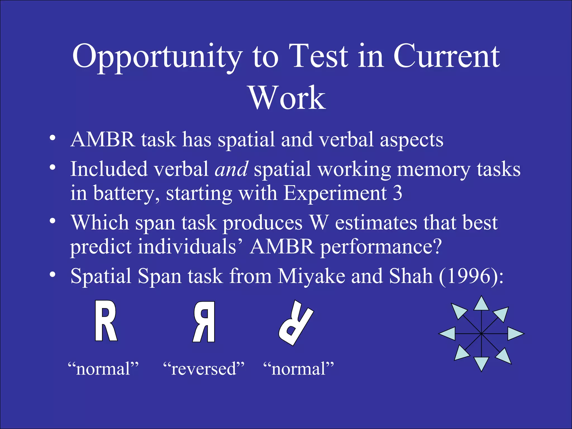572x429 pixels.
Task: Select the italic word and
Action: [231, 169]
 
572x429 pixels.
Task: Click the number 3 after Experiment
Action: [397, 193]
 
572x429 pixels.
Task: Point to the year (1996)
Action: [471, 276]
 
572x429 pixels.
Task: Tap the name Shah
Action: [411, 276]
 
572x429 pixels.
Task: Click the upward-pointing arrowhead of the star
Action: [481, 304]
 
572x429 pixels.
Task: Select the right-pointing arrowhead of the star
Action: [515, 333]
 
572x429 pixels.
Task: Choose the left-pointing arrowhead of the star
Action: [448, 333]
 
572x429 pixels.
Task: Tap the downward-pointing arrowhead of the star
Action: [481, 363]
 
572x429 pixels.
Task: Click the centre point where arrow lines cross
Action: [481, 333]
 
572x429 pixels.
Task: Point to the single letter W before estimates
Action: [319, 223]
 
